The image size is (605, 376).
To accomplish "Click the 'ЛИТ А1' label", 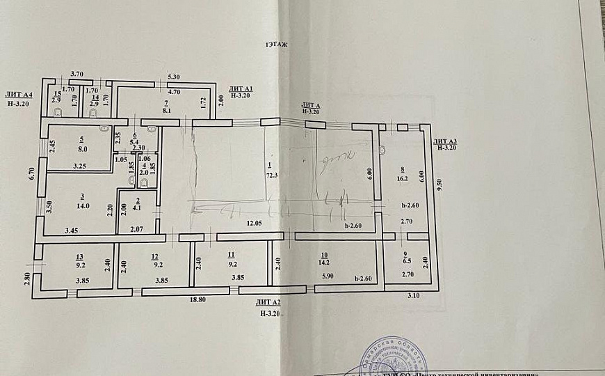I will (x=241, y=89).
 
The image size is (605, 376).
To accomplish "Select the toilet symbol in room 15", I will (x=59, y=111).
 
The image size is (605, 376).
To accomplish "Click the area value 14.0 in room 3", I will (x=83, y=206).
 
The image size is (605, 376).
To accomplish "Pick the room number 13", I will (x=79, y=256).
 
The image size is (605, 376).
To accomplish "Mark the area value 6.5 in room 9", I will (x=407, y=263).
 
